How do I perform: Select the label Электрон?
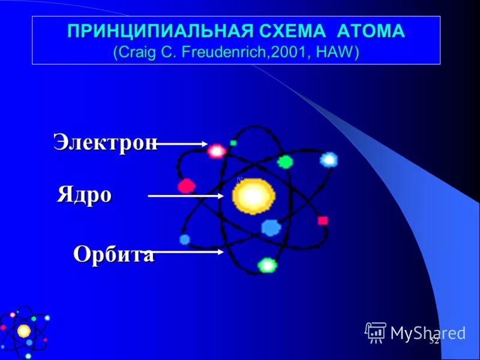click(106, 142)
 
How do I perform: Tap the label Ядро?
click(85, 195)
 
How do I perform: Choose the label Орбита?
click(113, 254)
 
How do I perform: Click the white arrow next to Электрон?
click(182, 144)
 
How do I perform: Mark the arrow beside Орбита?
click(188, 253)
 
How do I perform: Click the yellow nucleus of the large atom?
click(253, 196)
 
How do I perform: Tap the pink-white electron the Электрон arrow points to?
click(216, 150)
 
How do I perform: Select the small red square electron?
click(323, 220)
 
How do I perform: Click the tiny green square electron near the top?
click(233, 143)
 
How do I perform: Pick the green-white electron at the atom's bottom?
click(266, 265)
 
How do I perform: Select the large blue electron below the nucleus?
click(271, 227)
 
